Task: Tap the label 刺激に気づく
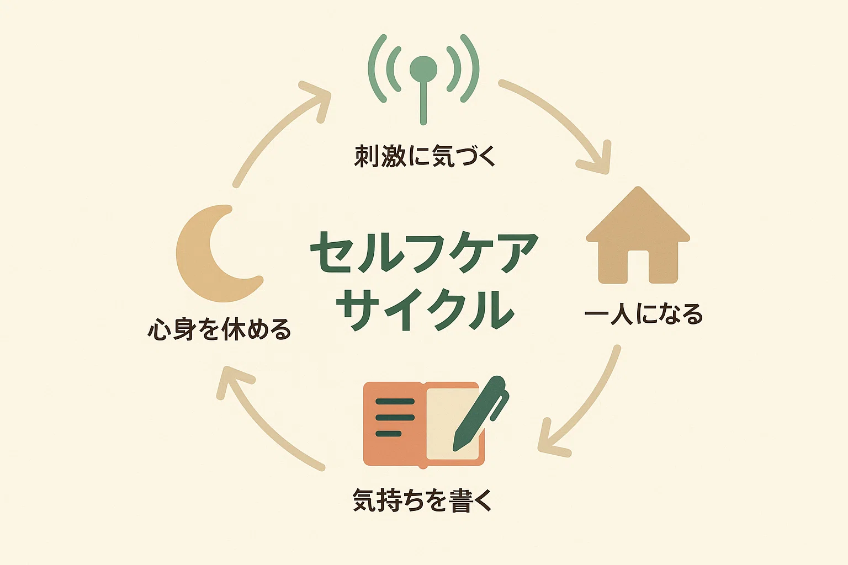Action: [425, 156]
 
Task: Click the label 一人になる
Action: [643, 315]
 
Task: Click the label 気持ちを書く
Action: [422, 500]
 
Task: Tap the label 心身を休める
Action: [219, 329]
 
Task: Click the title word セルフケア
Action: [424, 253]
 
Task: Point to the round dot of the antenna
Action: [423, 70]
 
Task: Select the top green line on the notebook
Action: [395, 402]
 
